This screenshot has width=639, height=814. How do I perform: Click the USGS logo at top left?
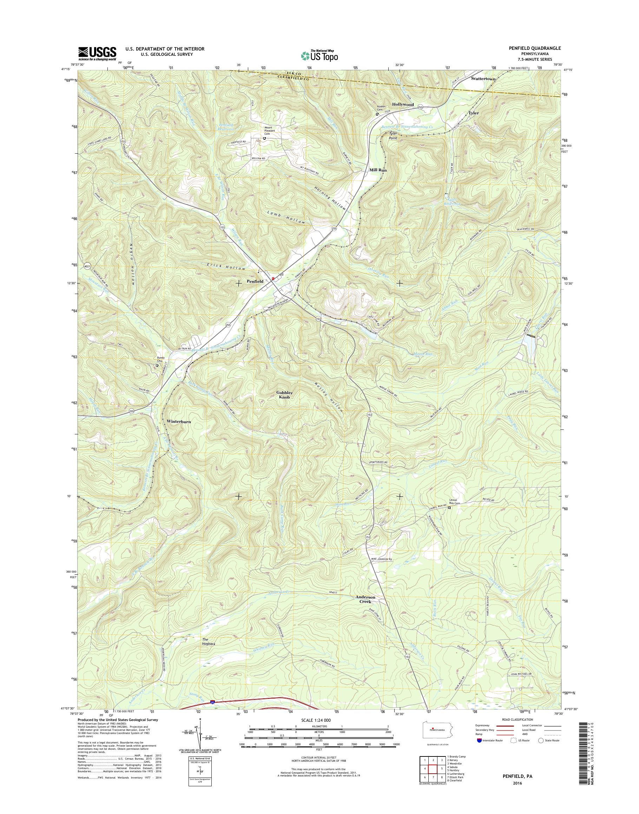(97, 53)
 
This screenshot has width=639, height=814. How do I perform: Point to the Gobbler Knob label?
(285, 395)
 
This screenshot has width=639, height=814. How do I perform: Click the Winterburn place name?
(179, 421)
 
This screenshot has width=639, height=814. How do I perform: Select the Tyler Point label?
(393, 135)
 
